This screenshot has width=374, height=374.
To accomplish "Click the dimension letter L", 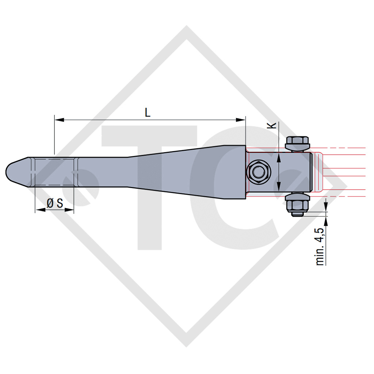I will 147,112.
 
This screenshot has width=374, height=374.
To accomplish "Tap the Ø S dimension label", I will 55,203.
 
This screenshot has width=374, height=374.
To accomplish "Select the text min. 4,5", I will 320,246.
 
